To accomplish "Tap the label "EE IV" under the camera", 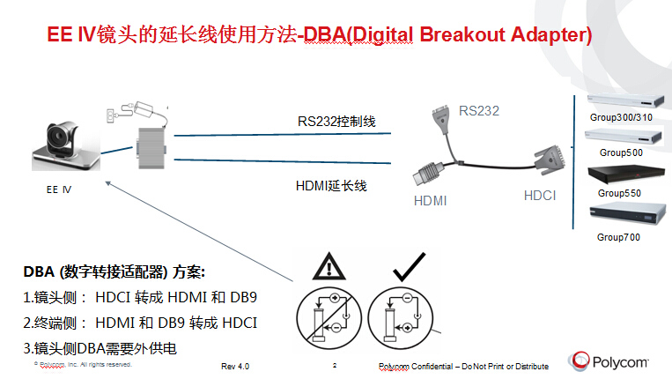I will point(59,189).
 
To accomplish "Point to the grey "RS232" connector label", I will point(479,110).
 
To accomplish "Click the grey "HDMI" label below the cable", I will point(430,201).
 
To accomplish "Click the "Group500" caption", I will point(621,152).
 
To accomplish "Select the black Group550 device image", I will point(622,174).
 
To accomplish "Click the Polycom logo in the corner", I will point(610,361).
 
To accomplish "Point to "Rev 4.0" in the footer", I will point(235,366).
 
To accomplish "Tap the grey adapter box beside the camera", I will point(151,148).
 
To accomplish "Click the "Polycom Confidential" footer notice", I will point(463,367).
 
